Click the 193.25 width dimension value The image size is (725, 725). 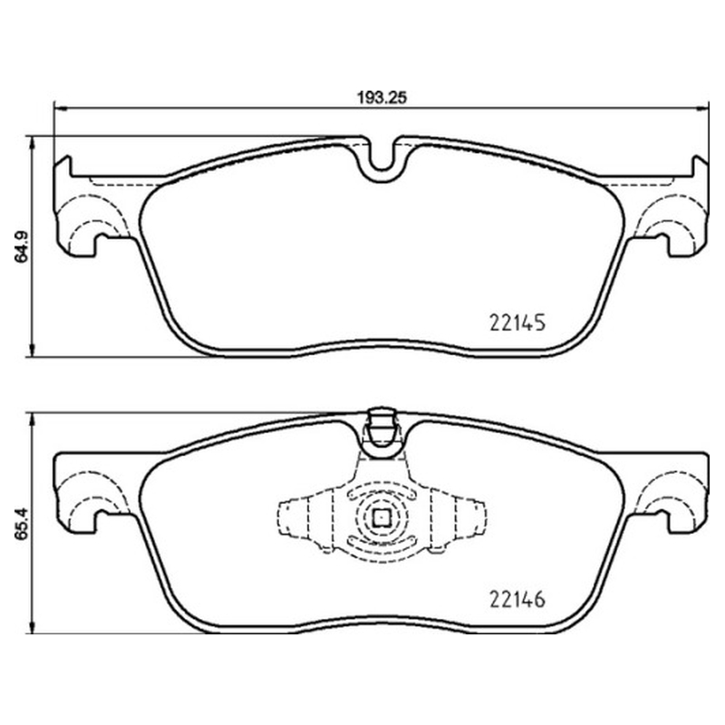(x=382, y=98)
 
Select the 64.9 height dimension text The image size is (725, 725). (x=22, y=247)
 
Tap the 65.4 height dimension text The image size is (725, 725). (x=22, y=524)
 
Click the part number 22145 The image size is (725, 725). (x=517, y=323)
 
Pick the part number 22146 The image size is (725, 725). (x=517, y=600)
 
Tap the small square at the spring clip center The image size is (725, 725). (x=381, y=517)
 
